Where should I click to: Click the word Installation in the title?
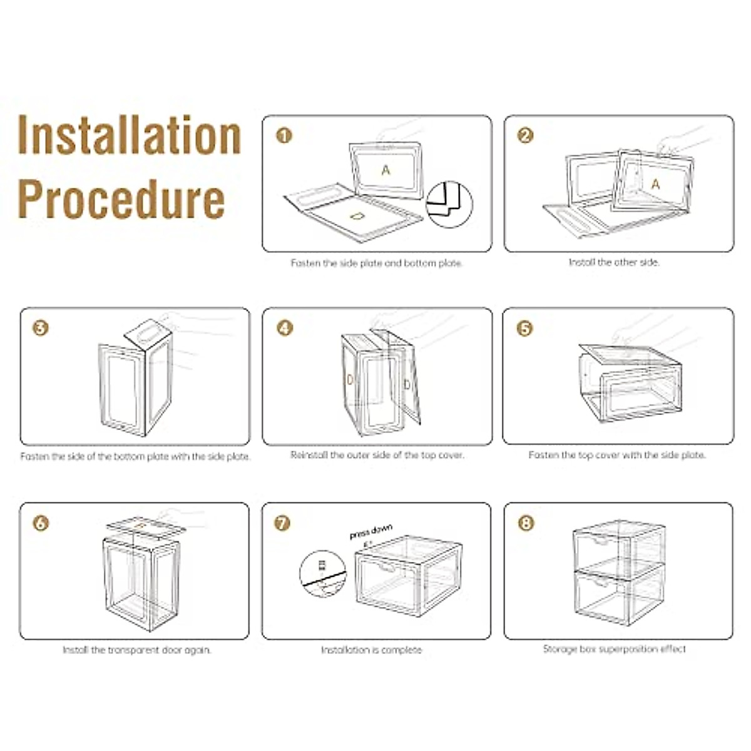tap(129, 135)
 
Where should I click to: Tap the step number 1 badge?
tap(284, 135)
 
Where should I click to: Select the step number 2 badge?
tap(526, 135)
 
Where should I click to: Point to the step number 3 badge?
tap(41, 327)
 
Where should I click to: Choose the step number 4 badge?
tap(284, 327)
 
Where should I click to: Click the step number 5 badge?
tap(524, 328)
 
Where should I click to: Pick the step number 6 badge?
tap(41, 523)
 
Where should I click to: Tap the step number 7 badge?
tap(283, 523)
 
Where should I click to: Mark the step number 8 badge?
tap(526, 522)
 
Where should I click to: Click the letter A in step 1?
tap(386, 170)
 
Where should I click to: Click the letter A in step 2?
tap(655, 184)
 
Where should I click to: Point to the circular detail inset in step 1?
tap(449, 204)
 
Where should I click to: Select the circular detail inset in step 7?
tap(323, 573)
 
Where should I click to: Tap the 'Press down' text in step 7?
tap(370, 533)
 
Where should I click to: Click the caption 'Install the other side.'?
tap(614, 262)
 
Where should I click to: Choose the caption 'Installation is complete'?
tap(371, 650)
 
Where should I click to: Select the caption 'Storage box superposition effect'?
tap(614, 649)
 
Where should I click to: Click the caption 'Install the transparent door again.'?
tap(136, 650)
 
